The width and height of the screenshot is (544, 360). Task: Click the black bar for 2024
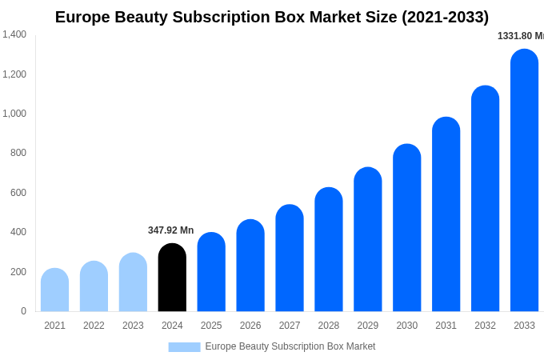[x=172, y=278]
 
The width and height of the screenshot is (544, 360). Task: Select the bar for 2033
[x=524, y=180]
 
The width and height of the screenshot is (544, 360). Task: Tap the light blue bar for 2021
[x=54, y=290]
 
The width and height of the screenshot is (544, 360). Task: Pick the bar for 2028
[x=329, y=250]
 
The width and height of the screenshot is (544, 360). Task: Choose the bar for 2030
[x=406, y=228]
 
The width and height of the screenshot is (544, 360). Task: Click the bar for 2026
[x=250, y=266]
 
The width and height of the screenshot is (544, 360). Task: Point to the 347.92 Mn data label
[x=170, y=230]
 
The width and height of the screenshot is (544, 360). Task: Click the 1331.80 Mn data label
[x=520, y=36]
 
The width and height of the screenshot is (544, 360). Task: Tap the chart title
[x=272, y=17]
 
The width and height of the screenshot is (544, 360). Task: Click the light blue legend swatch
[x=184, y=347]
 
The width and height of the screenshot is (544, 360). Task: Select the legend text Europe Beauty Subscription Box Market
[x=290, y=346]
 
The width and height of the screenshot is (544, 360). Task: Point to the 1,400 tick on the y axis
[x=14, y=34]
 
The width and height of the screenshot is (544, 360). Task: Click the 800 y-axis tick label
[x=18, y=153]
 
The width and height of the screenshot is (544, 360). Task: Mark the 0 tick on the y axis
[x=23, y=311]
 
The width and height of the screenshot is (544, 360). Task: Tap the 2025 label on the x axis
[x=211, y=326]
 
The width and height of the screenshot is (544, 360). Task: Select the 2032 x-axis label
[x=485, y=326]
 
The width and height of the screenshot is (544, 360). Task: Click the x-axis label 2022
[x=94, y=326]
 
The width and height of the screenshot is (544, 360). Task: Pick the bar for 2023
[x=133, y=282]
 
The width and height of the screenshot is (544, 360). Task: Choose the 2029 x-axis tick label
[x=368, y=326]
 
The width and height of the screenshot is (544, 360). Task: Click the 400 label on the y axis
[x=18, y=232]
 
